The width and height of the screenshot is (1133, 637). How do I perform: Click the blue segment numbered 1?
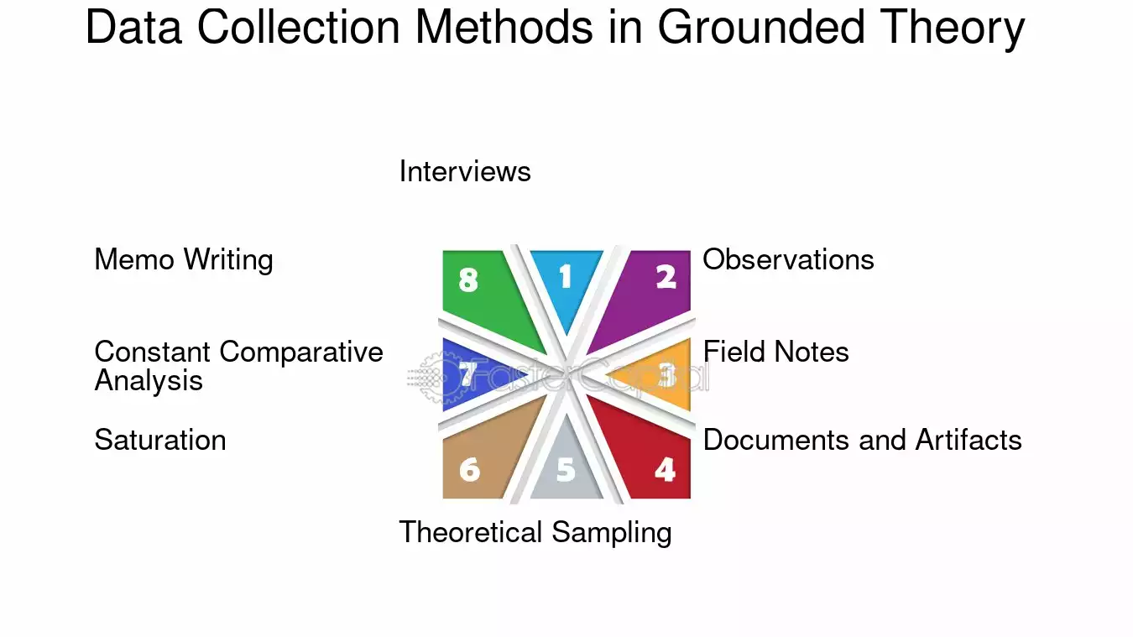[x=566, y=284]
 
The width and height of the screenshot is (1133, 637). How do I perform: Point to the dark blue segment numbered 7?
[x=470, y=374]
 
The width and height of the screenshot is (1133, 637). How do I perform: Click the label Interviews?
[x=465, y=171]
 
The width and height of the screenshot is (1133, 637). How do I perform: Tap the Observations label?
[x=788, y=259]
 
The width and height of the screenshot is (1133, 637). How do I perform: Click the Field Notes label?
[x=776, y=352]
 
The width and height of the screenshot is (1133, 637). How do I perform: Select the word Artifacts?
[x=969, y=440]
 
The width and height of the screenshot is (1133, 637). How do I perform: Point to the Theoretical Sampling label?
[x=535, y=533]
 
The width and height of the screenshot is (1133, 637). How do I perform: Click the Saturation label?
[x=159, y=440]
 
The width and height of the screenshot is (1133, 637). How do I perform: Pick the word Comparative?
[x=301, y=352]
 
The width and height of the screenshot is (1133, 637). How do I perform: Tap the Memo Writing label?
[x=184, y=260]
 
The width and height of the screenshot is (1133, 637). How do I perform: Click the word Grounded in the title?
[x=761, y=27]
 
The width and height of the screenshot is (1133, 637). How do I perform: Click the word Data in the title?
[x=133, y=27]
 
